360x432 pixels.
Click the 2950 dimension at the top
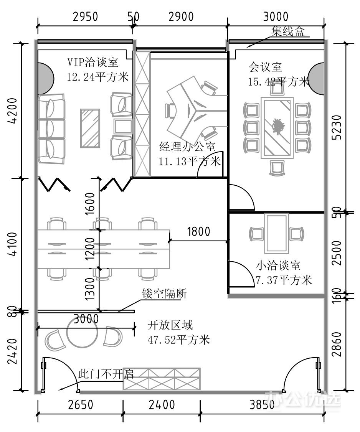86,16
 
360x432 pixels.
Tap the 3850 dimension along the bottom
262,405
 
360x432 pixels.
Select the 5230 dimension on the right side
337,127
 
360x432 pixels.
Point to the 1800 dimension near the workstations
198,231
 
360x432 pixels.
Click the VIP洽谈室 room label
93,62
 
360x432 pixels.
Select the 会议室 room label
265,67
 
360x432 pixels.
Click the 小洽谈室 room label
278,266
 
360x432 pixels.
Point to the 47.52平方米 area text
178,340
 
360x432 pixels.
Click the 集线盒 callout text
288,31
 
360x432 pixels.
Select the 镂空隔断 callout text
164,294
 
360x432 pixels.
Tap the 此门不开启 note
106,374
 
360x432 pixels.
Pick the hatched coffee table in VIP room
90,129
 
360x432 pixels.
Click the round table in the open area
83,335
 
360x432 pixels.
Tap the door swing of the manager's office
210,164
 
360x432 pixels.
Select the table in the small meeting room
277,234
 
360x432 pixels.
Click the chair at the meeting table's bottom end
277,168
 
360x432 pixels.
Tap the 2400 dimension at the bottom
162,405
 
